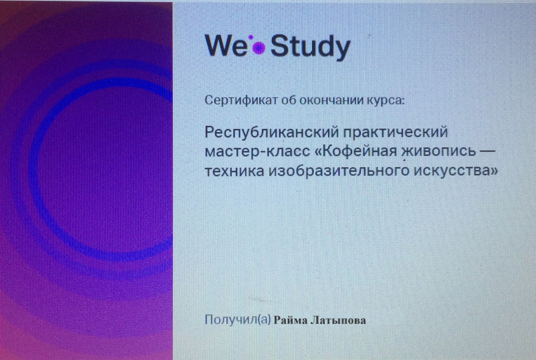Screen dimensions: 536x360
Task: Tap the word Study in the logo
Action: [x=310, y=47]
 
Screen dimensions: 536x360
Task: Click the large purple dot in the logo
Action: [x=259, y=48]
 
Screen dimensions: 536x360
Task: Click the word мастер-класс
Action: [x=258, y=152]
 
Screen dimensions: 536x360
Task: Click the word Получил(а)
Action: [x=238, y=319]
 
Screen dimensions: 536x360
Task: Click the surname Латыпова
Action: [x=338, y=320]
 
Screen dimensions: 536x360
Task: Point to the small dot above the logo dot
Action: [x=251, y=37]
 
